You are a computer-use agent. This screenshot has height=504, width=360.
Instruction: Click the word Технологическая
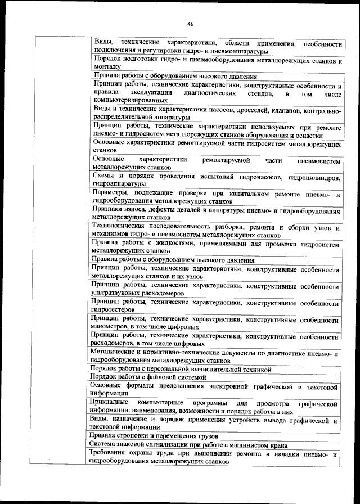(x=121, y=227)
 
